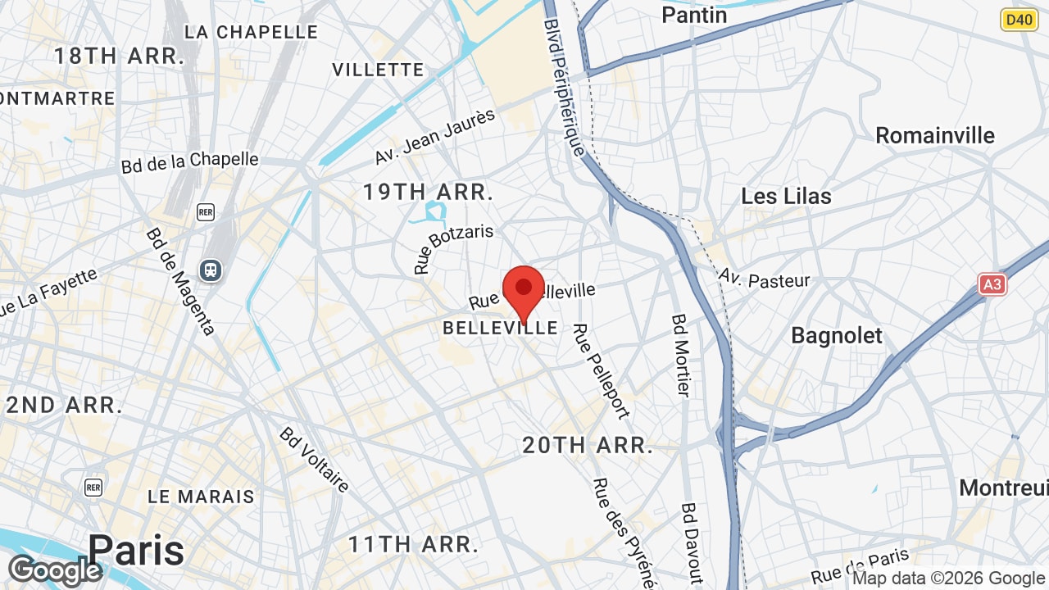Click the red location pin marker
(524, 289)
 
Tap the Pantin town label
(694, 15)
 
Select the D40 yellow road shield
(1019, 20)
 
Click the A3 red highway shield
(992, 284)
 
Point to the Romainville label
(935, 135)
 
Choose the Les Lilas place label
(786, 197)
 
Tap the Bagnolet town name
(837, 336)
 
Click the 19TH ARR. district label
(429, 193)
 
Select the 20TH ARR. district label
(588, 446)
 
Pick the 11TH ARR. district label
(413, 544)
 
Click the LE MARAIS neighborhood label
(202, 497)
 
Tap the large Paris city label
(136, 550)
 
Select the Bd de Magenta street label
(180, 281)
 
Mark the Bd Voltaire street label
(315, 460)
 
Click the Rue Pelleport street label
(601, 370)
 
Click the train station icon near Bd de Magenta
(211, 270)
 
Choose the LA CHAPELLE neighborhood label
(251, 32)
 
